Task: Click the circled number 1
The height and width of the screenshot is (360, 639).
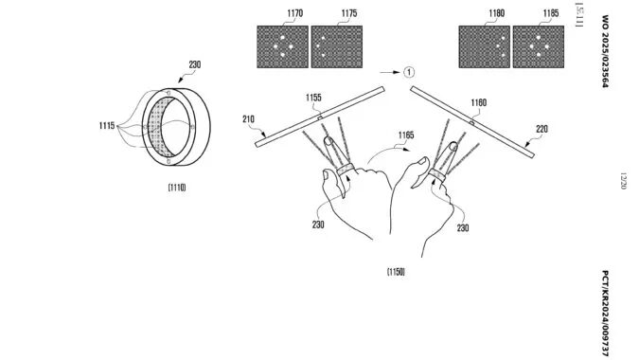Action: tap(407, 71)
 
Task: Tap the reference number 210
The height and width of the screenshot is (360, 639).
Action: tap(247, 118)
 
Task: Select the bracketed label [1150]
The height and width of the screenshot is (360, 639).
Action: tap(396, 273)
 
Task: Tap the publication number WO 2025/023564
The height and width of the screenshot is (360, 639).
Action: tap(607, 51)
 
